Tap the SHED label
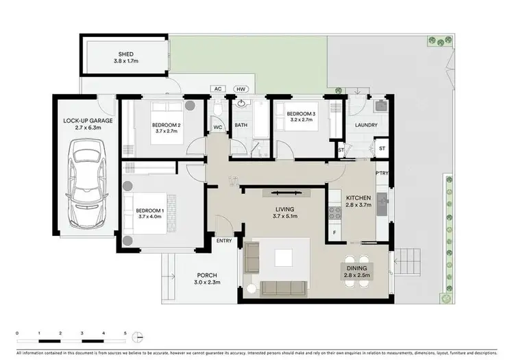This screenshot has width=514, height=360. coord(125,54)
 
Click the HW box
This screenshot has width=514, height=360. coord(241,89)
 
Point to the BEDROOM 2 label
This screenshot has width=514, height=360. coord(167,124)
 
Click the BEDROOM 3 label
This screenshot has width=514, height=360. coord(301,113)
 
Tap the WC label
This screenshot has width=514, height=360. coord(217,127)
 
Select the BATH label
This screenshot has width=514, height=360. coord(241,125)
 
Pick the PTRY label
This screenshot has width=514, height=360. coord(382,173)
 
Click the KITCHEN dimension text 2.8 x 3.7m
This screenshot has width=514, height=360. coord(358,204)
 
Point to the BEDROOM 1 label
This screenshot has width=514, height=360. coord(150,211)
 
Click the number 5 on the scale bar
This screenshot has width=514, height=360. coord(125,333)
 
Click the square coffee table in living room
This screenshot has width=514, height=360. coord(285,257)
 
